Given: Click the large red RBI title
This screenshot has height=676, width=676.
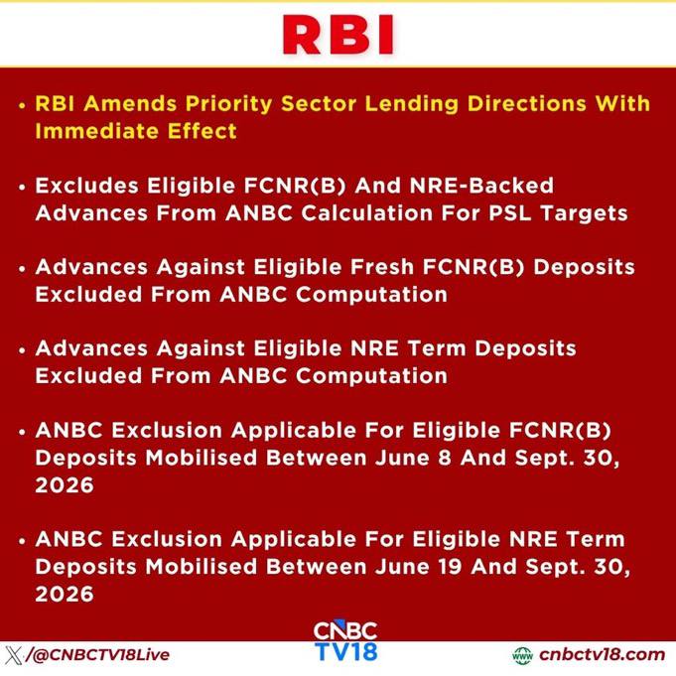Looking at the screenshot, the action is pyautogui.click(x=338, y=35).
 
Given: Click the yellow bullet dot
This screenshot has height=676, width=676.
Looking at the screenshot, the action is pyautogui.click(x=23, y=105).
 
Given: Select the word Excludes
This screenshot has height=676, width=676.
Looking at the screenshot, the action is pyautogui.click(x=87, y=186).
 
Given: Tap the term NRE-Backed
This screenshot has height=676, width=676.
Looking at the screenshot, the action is pyautogui.click(x=481, y=186).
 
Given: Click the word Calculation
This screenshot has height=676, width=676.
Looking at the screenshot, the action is pyautogui.click(x=367, y=213).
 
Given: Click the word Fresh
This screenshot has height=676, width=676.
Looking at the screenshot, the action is pyautogui.click(x=382, y=267).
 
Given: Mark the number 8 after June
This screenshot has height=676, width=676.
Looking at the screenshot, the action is pyautogui.click(x=445, y=458).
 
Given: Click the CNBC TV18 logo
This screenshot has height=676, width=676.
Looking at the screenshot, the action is pyautogui.click(x=345, y=641).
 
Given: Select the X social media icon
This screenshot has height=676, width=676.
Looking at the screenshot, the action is pyautogui.click(x=14, y=655).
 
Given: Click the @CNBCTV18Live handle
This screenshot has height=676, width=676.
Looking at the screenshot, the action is pyautogui.click(x=101, y=655).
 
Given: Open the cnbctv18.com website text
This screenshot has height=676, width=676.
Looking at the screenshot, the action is pyautogui.click(x=602, y=654).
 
